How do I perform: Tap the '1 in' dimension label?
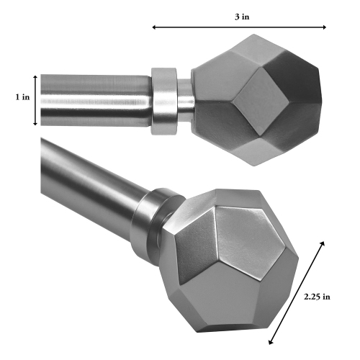coord(21,96)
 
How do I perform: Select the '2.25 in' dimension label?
coord(318,296)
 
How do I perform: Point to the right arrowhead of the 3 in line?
coord(324,27)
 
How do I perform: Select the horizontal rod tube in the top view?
coord(94,99)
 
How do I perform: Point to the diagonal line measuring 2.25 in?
coord(296,292)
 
